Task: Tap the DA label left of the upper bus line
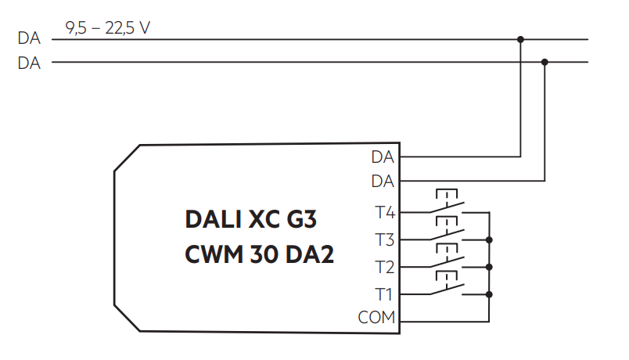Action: click(x=29, y=38)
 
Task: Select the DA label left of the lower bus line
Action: click(x=29, y=63)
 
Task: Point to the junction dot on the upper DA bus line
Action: click(x=520, y=38)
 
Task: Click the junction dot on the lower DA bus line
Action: click(x=545, y=62)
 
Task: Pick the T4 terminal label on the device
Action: click(x=384, y=212)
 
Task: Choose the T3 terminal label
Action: click(x=384, y=239)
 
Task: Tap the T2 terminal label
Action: click(x=384, y=267)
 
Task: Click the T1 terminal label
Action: click(x=384, y=294)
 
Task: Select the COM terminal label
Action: click(x=376, y=318)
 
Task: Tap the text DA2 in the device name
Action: click(x=312, y=255)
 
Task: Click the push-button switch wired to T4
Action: click(x=447, y=205)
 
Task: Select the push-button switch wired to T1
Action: click(x=447, y=288)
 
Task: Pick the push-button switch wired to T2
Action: click(x=447, y=261)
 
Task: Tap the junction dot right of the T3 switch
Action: click(x=489, y=239)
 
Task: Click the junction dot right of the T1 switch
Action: click(x=489, y=294)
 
